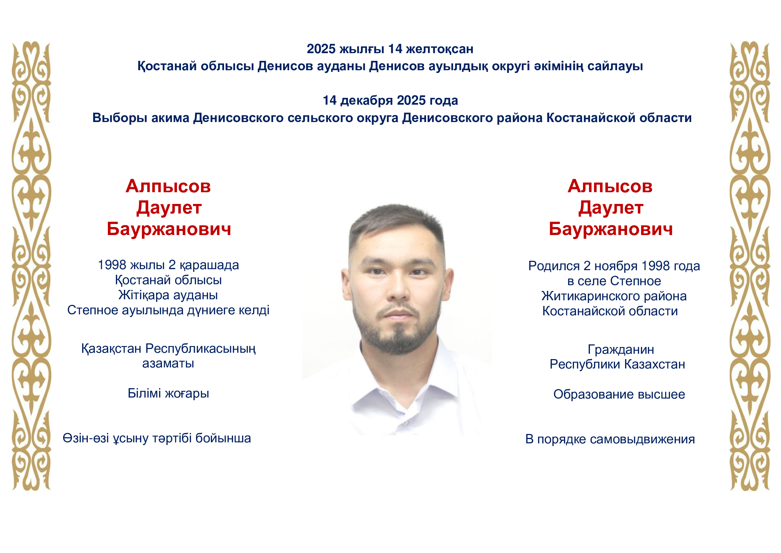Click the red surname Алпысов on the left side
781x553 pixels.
click(x=168, y=187)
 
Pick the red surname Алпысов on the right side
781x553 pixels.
click(x=610, y=187)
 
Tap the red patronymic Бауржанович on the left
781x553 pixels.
click(x=169, y=229)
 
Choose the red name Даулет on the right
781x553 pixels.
click(x=611, y=208)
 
